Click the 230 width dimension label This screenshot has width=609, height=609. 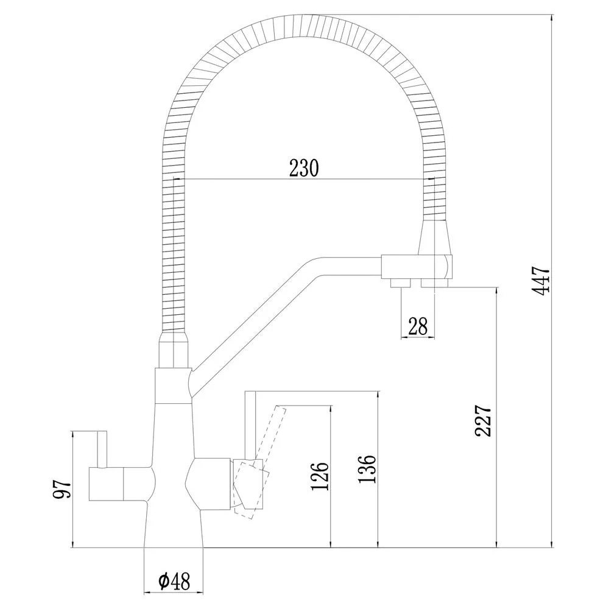304,168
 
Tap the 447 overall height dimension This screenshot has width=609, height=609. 541,280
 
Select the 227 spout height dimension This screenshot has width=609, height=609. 484,421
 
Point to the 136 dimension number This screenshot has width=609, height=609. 367,469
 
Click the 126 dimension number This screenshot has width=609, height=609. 320,476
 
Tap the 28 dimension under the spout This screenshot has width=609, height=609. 418,326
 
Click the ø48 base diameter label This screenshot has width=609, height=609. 174,582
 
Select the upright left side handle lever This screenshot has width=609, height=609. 102,449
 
